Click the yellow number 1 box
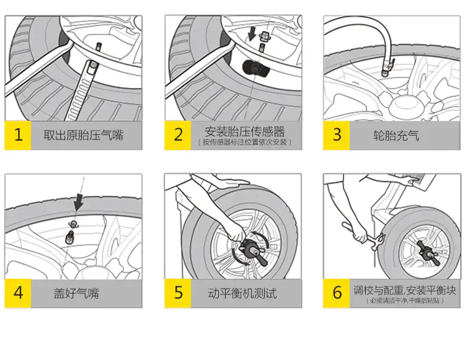coord(18,135)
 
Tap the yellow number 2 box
coord(179,135)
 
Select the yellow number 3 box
coord(337,135)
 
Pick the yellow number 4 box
coord(18,293)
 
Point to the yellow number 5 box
coord(179,293)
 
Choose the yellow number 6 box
coord(337,293)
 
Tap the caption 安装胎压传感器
coord(246,131)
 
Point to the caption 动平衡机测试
coord(242,293)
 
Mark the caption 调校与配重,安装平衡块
coord(404,289)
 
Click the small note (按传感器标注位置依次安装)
coord(246,143)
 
